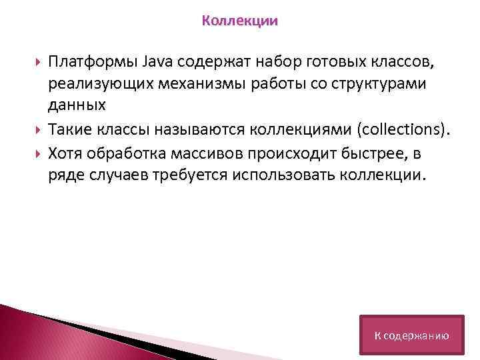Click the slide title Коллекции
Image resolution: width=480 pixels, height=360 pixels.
(240, 21)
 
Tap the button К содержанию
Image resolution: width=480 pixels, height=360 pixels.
(411, 335)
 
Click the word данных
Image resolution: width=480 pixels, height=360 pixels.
(77, 105)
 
